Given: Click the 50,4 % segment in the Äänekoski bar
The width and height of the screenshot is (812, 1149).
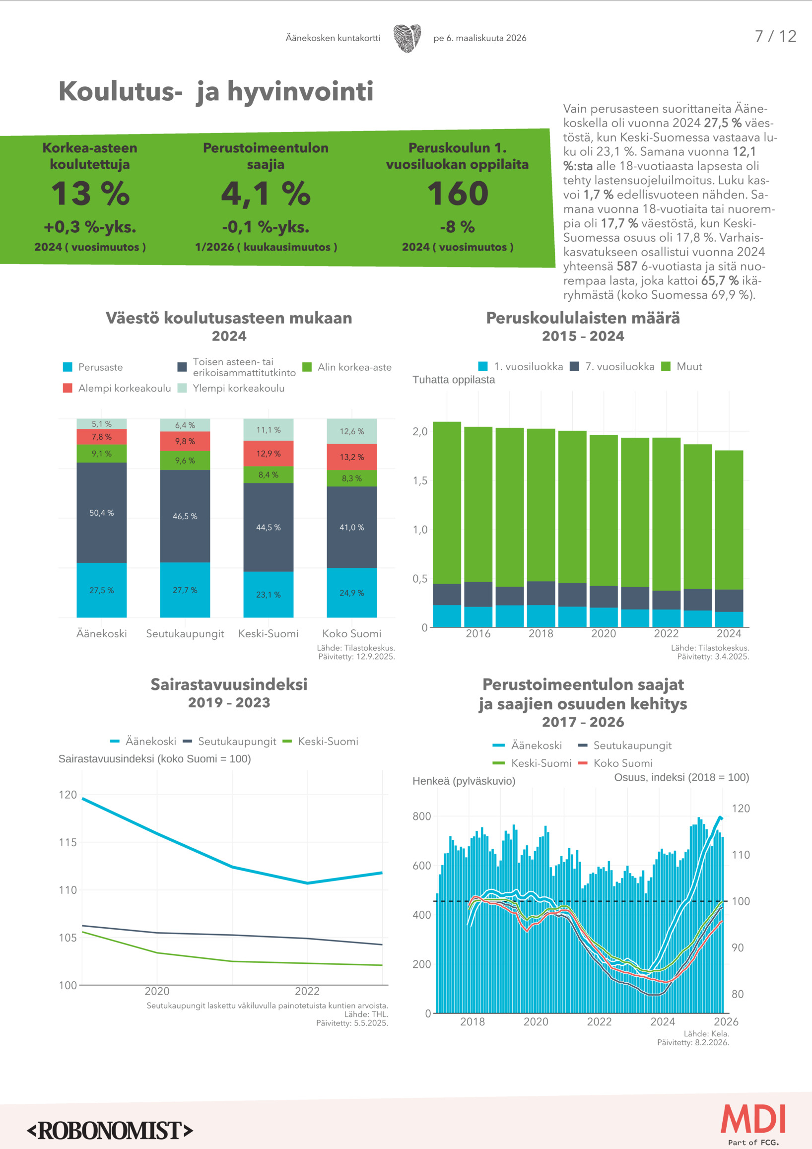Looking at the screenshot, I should (x=102, y=513).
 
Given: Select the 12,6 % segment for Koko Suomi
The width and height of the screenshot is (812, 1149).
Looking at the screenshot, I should (x=352, y=431).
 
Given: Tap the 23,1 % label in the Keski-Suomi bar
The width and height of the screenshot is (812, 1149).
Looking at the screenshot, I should (x=268, y=595).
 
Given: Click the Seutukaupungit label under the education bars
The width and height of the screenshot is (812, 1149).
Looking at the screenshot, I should (x=185, y=633).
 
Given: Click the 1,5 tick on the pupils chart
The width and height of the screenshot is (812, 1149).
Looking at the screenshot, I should (x=420, y=480).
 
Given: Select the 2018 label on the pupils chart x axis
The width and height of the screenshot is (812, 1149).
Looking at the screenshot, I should (x=541, y=633).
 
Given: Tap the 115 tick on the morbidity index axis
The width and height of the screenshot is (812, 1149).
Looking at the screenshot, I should (x=68, y=842).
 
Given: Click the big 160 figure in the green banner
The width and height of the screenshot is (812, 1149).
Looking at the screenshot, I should (x=457, y=194).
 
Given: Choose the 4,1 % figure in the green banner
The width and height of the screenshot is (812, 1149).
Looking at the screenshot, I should (x=266, y=194).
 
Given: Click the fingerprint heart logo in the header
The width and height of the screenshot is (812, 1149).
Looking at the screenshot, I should (x=407, y=38).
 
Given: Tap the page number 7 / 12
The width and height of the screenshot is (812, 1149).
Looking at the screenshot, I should (x=775, y=37).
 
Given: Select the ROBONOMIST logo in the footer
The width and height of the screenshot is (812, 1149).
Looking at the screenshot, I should (x=110, y=1131).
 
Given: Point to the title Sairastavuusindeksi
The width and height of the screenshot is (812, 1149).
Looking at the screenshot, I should (x=229, y=684).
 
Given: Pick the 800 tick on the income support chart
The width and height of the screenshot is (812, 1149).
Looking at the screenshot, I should (x=421, y=816).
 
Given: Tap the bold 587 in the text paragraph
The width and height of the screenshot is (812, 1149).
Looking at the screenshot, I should (x=626, y=266).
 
